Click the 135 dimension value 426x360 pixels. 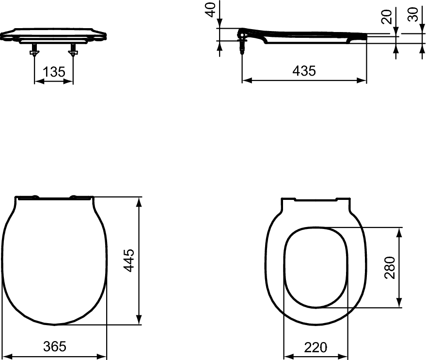(54, 72)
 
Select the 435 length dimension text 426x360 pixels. (304, 71)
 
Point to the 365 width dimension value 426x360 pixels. (55, 346)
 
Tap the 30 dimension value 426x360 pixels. (413, 15)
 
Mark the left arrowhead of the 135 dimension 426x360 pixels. (37, 81)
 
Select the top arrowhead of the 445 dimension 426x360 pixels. (140, 201)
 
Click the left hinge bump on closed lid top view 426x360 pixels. (35, 196)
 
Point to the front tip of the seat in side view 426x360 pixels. (366, 35)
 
